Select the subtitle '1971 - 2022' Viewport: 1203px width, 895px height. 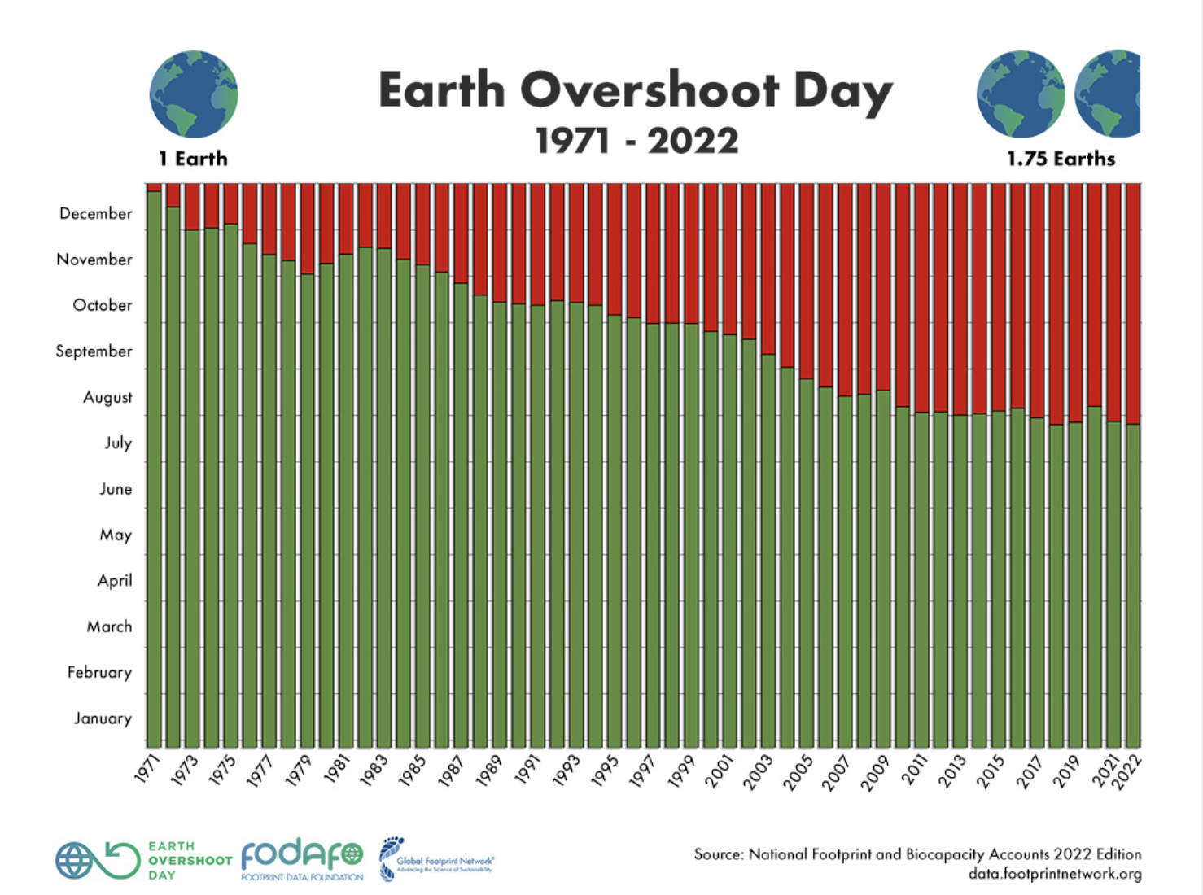tap(636, 141)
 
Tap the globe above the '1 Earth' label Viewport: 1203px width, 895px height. tap(194, 94)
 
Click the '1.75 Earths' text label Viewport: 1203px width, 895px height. tap(1061, 159)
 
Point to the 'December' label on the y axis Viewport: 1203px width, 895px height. tap(95, 214)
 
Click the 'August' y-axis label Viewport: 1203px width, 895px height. tap(107, 398)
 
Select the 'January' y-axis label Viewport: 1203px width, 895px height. tap(103, 718)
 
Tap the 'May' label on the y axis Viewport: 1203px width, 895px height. tap(116, 535)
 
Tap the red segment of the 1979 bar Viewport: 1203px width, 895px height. tap(308, 229)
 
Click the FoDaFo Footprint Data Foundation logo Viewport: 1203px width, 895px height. tap(302, 859)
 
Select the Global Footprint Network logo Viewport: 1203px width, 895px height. tap(436, 860)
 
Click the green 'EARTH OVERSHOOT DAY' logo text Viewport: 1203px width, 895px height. tap(190, 860)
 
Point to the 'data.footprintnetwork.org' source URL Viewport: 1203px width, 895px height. tap(1055, 875)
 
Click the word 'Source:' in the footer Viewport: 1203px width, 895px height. tap(718, 854)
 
